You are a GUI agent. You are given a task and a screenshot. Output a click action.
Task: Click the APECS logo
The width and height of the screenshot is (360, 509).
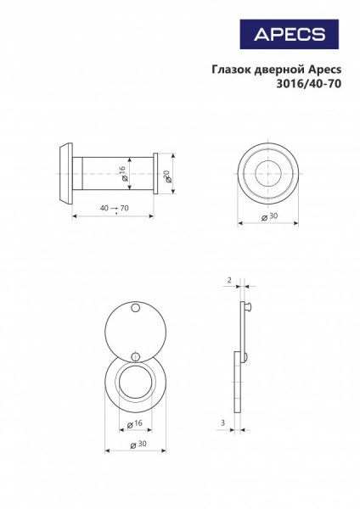point(290,34)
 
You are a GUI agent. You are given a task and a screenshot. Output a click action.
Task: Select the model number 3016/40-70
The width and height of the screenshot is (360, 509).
point(309,84)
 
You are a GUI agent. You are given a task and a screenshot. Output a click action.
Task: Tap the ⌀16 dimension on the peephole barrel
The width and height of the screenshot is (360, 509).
point(123,173)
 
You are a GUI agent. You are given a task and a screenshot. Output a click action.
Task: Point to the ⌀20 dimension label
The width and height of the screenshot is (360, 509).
point(167,176)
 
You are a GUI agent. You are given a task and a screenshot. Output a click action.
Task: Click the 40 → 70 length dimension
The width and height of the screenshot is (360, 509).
point(114,208)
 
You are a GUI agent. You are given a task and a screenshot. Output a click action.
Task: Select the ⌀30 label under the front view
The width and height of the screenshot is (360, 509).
point(270,216)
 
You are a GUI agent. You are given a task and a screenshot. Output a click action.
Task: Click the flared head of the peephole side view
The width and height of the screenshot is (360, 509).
point(66,174)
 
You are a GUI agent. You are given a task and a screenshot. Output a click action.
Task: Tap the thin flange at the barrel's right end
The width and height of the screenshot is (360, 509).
point(155,174)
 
